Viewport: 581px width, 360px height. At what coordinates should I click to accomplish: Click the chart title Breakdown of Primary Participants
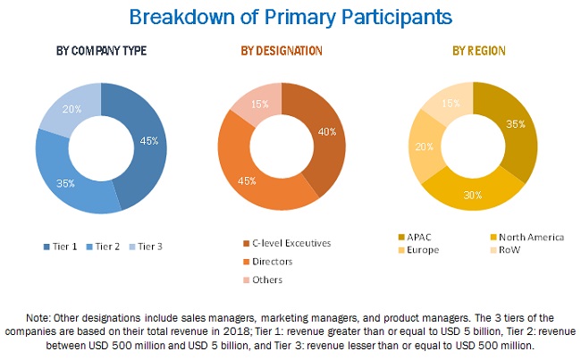click(x=290, y=16)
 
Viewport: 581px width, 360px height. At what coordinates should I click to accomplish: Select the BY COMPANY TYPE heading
click(x=100, y=51)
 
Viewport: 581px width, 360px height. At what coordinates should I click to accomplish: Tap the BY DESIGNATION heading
click(x=282, y=51)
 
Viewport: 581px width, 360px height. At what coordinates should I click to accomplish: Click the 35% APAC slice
click(x=515, y=125)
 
